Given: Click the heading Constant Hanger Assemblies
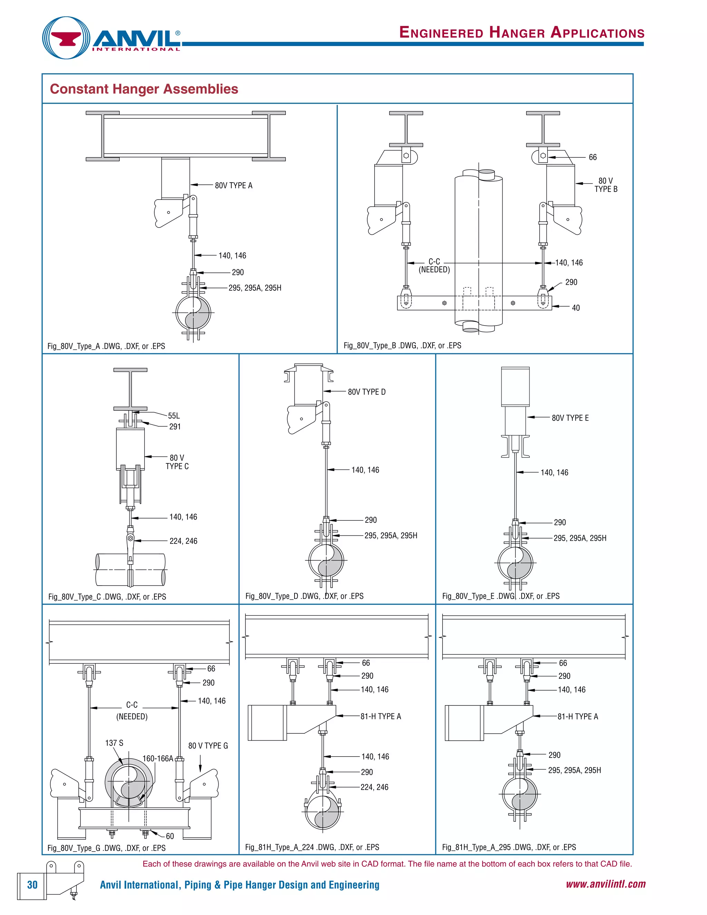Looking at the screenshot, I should point(144,89).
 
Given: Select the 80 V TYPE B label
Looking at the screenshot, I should point(606,185).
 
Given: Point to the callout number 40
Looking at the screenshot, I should point(575,308).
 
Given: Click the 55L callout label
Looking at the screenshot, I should point(174,416).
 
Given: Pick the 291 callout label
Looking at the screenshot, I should point(175,426).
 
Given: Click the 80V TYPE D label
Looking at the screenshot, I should point(367,392).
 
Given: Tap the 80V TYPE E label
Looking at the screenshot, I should point(570,418).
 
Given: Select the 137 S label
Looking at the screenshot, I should point(114,743).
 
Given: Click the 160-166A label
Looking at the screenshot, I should point(157,758).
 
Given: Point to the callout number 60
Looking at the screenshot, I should point(170,836).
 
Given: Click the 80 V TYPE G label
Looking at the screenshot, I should point(208,745).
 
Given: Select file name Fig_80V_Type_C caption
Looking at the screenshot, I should point(107,597).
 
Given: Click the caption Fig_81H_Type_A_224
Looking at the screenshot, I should point(312,847).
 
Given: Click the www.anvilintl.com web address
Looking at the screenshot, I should point(605,884).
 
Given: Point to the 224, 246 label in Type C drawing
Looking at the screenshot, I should point(183,541).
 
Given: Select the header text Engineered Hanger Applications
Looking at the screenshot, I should point(522,32).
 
